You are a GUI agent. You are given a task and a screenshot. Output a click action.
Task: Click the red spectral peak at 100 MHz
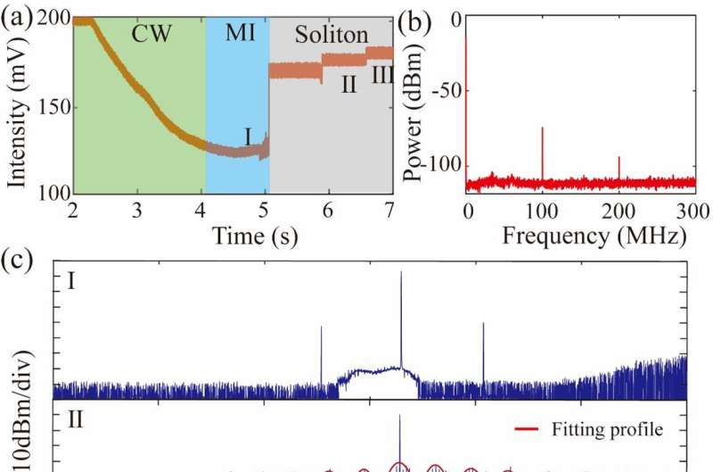(542, 152)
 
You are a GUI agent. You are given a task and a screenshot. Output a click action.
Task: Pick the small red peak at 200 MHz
(619, 167)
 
